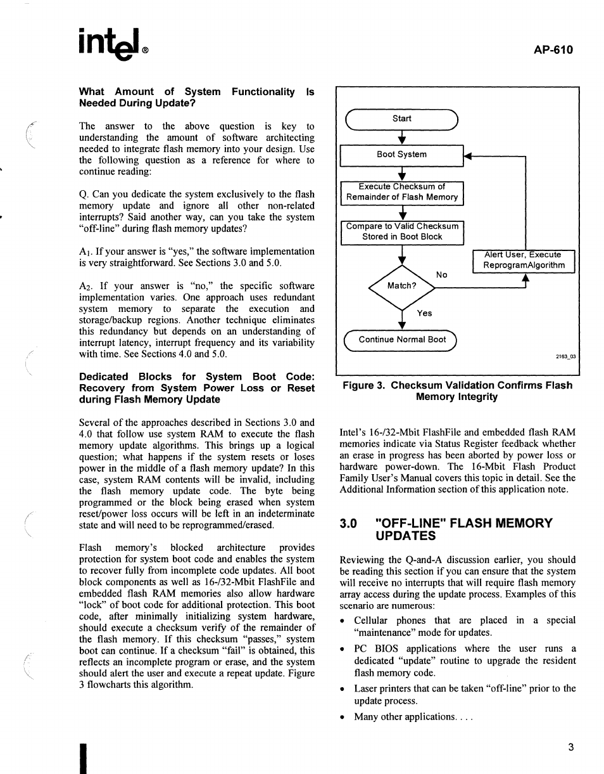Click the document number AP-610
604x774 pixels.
click(x=553, y=49)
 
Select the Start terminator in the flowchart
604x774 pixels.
click(x=401, y=119)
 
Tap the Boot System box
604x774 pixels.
click(x=401, y=155)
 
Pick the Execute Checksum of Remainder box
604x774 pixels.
click(x=401, y=192)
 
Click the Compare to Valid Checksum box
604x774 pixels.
click(x=401, y=232)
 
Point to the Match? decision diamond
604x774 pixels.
click(x=401, y=285)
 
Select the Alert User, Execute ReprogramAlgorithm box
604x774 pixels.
click(x=523, y=261)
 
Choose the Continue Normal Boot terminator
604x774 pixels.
click(x=401, y=340)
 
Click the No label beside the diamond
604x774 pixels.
click(x=442, y=274)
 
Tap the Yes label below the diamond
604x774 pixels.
click(x=424, y=313)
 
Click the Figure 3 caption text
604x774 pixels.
click(x=456, y=391)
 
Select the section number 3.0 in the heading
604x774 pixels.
click(x=349, y=524)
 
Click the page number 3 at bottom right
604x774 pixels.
click(x=570, y=747)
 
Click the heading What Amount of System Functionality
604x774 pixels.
click(x=196, y=97)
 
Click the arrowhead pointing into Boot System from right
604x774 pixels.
click(x=469, y=155)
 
